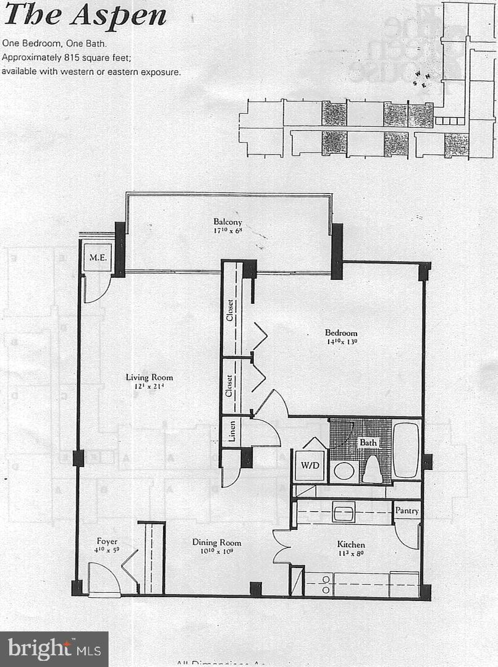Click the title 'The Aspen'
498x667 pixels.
coord(85,15)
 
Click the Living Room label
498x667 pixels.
coord(150,377)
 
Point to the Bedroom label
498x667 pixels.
coord(341,333)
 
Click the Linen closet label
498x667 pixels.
coord(230,432)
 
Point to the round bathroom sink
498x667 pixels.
coord(344,471)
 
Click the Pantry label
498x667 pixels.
coord(407,511)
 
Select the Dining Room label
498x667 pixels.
coord(216,543)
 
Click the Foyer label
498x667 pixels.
coord(107,542)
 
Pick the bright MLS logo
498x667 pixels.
coord(54,649)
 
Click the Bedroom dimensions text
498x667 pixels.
coord(342,342)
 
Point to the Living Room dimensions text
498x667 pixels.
coord(150,387)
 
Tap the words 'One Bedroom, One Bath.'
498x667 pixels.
coord(54,44)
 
